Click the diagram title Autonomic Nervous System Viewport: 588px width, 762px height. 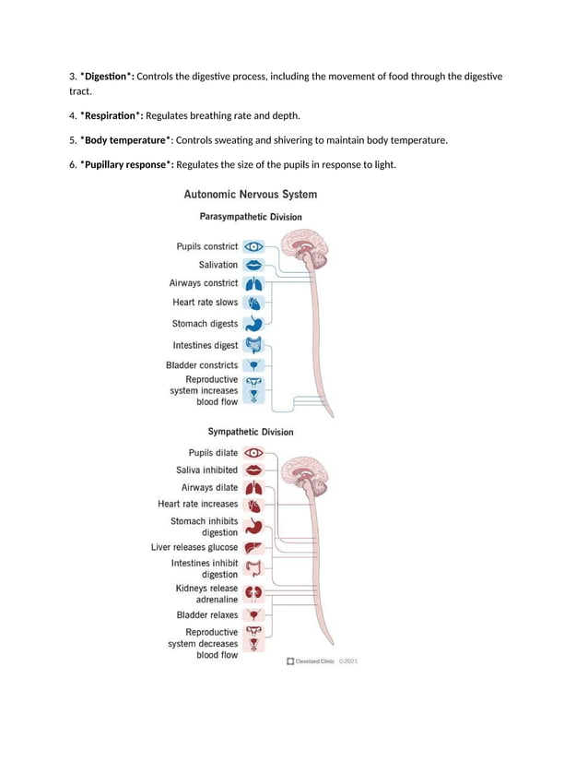coord(251,195)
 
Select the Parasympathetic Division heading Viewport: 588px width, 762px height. coord(251,217)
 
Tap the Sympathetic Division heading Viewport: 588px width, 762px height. coord(251,432)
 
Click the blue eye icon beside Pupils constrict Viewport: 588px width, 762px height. coord(254,246)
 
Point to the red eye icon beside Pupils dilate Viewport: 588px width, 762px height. coord(254,453)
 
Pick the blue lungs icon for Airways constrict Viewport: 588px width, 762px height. coord(254,283)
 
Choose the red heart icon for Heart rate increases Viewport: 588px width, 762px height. coord(254,505)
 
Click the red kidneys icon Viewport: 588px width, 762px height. coord(254,593)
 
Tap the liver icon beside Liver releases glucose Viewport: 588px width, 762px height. coord(254,548)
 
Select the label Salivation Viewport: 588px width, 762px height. coord(218,265)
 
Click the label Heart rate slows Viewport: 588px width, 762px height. coord(205,303)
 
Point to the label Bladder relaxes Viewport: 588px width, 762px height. coord(207,614)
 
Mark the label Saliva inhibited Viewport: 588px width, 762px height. coord(207,470)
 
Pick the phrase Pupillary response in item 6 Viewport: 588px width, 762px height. coord(127,165)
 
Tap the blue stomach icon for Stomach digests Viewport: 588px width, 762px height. coord(254,324)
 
